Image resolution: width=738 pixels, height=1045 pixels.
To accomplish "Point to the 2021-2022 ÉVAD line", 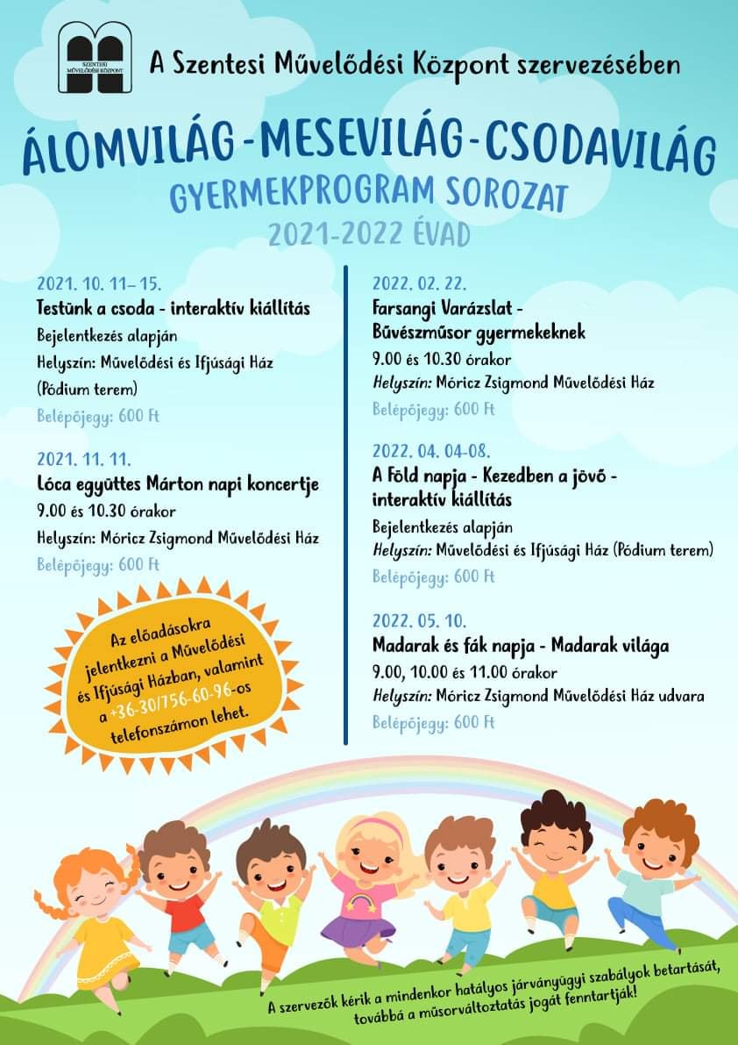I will [x=369, y=235].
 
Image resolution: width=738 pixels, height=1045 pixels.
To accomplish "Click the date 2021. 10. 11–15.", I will [x=99, y=284].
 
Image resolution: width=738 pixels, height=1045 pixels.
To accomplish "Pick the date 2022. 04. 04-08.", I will [x=431, y=451].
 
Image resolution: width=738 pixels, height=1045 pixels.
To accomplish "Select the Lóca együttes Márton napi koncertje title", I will [x=178, y=484].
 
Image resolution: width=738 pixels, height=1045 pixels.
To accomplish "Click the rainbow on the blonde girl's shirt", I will [x=364, y=902].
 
